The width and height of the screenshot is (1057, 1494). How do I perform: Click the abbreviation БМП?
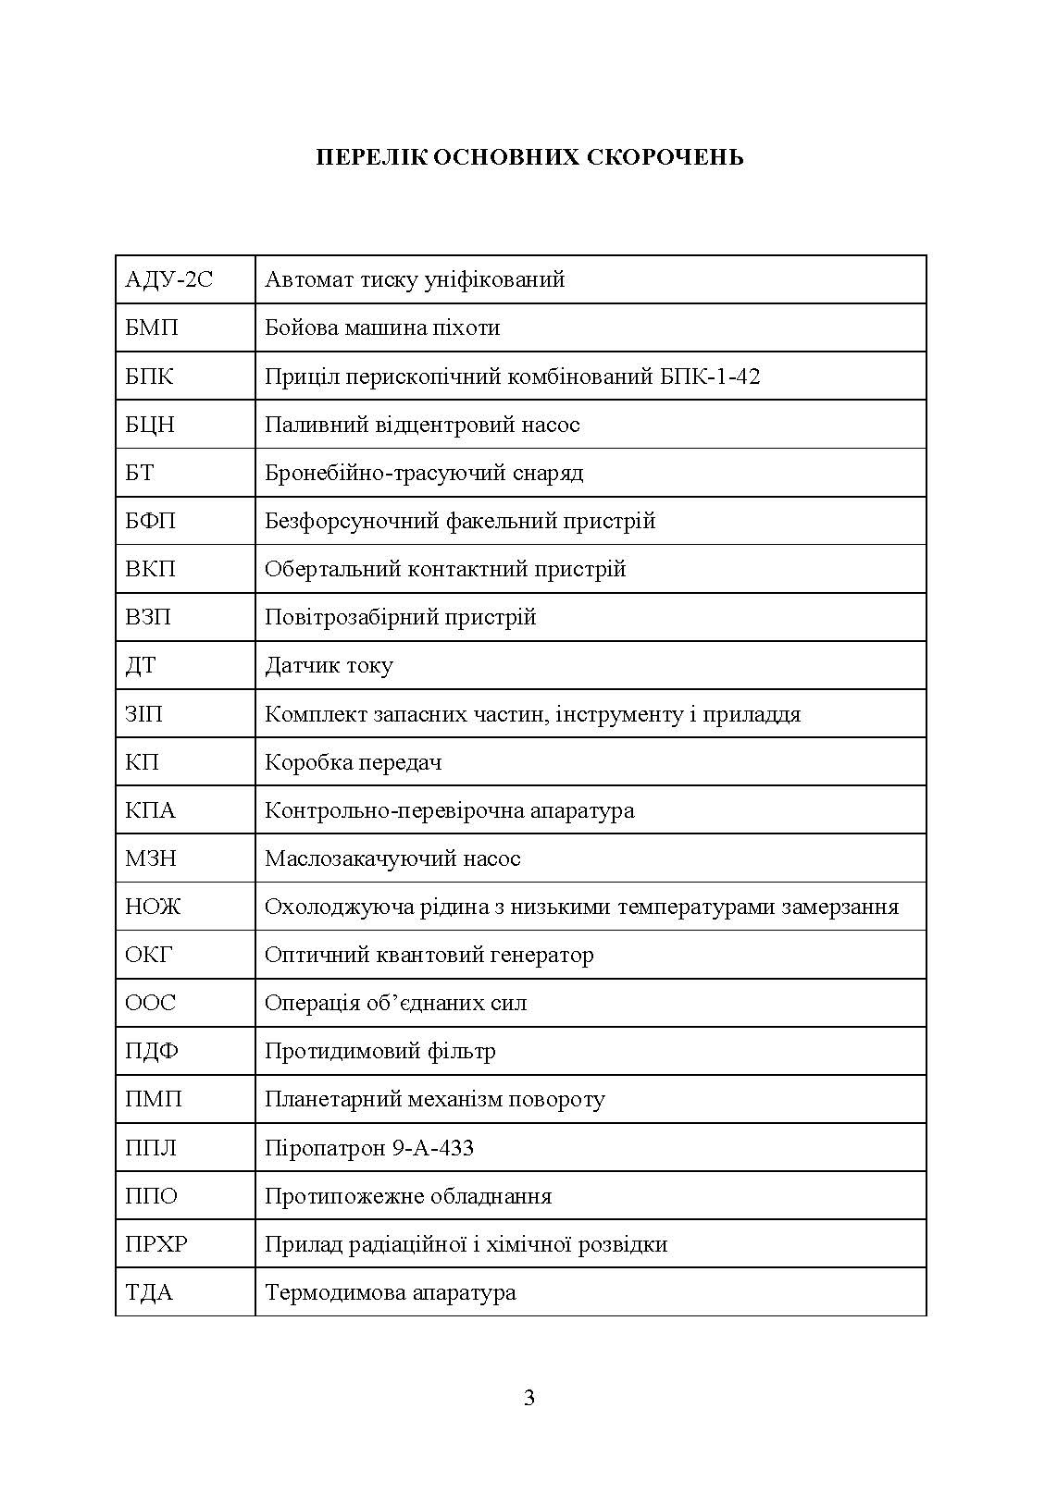tap(152, 327)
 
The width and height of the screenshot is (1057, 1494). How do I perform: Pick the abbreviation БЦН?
tap(150, 425)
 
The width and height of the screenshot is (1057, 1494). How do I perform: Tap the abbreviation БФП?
tap(150, 521)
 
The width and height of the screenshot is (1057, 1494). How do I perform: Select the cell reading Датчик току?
tap(329, 666)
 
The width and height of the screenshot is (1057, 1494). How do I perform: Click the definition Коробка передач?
tap(353, 762)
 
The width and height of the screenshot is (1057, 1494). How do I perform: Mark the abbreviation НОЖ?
tap(153, 907)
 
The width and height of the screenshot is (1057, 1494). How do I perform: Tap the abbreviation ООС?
tap(150, 1003)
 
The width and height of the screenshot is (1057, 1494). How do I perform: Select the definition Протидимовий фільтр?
tap(379, 1051)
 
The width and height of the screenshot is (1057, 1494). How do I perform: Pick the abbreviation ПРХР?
tap(156, 1244)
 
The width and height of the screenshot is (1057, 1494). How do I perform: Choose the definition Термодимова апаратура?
tap(390, 1292)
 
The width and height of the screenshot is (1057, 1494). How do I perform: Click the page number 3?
tap(529, 1398)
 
